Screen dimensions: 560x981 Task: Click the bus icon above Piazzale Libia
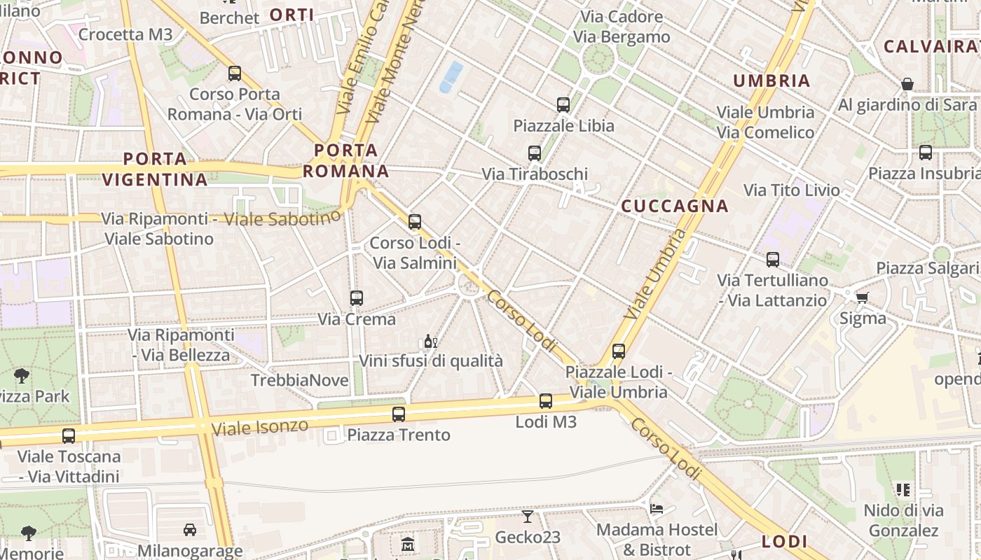563,105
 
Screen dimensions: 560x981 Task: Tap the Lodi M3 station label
546,422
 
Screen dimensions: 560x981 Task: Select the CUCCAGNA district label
675,206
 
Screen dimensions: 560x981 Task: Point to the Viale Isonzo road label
259,427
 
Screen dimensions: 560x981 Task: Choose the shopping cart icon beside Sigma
863,297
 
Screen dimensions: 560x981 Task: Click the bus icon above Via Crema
357,298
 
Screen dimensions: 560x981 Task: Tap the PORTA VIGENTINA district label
155,169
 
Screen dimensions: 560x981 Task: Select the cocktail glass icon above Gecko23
528,517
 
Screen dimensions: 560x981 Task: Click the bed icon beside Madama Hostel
657,509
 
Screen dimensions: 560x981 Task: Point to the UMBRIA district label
771,81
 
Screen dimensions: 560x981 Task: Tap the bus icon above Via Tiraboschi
535,153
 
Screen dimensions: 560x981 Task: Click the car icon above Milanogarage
189,530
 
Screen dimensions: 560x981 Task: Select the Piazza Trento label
399,435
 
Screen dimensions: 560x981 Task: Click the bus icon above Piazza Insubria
926,153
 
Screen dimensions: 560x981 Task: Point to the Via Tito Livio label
791,190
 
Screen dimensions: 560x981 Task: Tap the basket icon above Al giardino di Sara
907,85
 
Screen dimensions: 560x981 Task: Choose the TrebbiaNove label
300,381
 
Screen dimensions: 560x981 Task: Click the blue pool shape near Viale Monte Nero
451,76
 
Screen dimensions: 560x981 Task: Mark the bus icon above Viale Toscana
69,436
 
